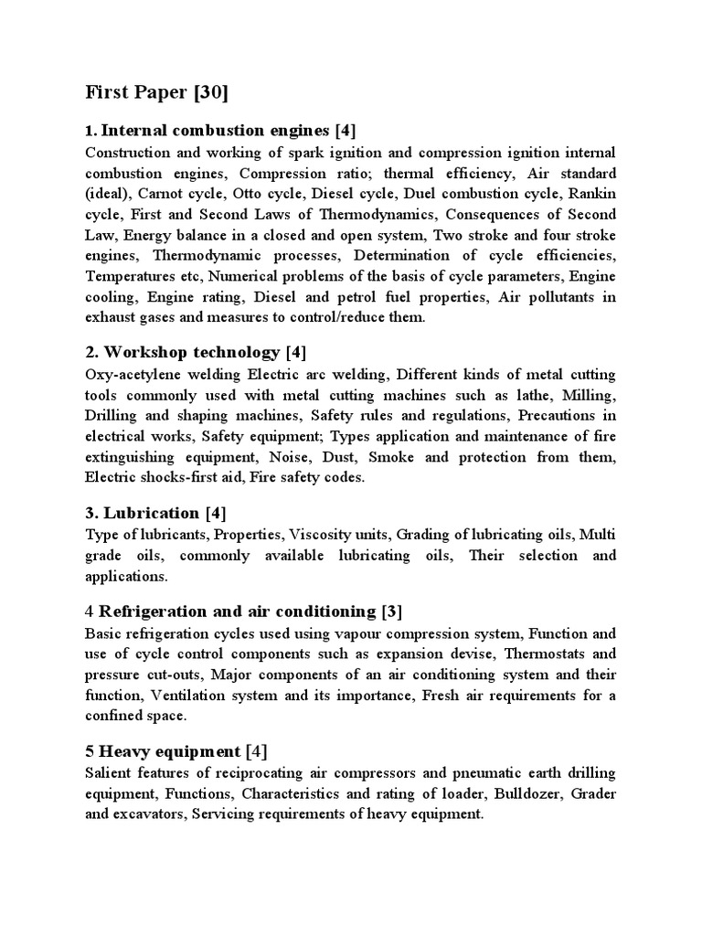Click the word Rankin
(591, 193)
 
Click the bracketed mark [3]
(392, 611)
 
